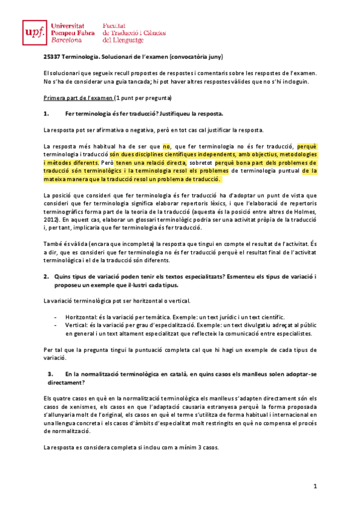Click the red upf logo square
tap(34, 32)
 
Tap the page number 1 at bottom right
tap(314, 485)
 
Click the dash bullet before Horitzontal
tap(55, 317)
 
